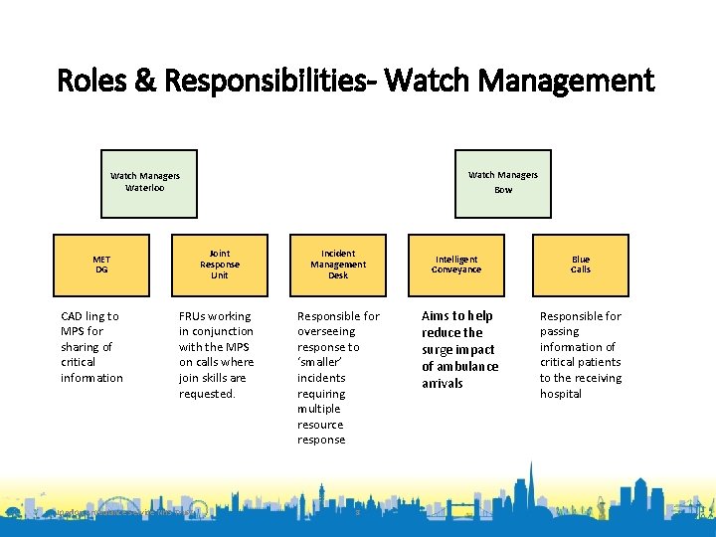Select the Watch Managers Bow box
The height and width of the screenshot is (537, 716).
[503, 183]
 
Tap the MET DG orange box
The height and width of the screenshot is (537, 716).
[101, 265]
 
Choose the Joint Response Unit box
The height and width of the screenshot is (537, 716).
[220, 265]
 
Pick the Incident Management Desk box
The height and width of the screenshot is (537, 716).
[338, 265]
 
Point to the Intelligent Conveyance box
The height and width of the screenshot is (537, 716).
[456, 265]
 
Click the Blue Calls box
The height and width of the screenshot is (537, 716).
[580, 265]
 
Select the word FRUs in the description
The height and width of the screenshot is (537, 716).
[194, 316]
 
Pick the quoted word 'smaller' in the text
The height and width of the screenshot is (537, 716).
[319, 363]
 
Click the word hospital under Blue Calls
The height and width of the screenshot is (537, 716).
[561, 394]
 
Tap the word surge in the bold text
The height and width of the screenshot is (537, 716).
[440, 350]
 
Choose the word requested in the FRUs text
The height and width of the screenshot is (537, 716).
[207, 394]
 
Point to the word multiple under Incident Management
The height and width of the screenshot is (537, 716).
[318, 409]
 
